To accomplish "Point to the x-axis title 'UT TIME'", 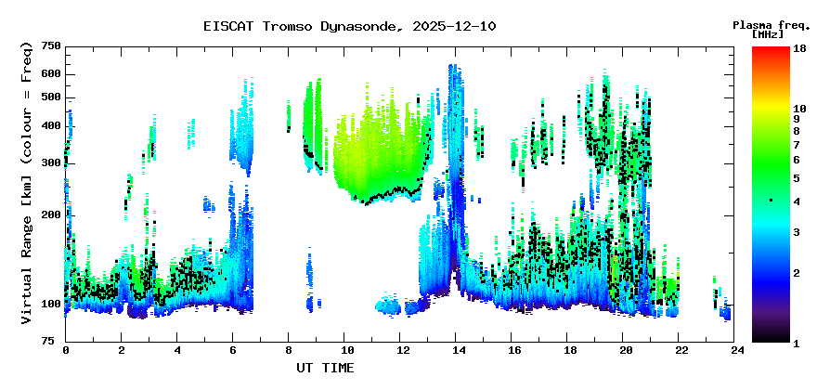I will tap(325, 368).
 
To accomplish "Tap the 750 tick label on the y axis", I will tap(50, 46).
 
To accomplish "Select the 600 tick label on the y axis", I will tap(50, 73).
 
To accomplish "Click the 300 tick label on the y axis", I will tap(50, 162).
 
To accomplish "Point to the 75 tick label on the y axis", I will tap(54, 342).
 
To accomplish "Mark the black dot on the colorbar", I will tap(771, 201).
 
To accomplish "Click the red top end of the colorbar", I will tap(771, 50).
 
